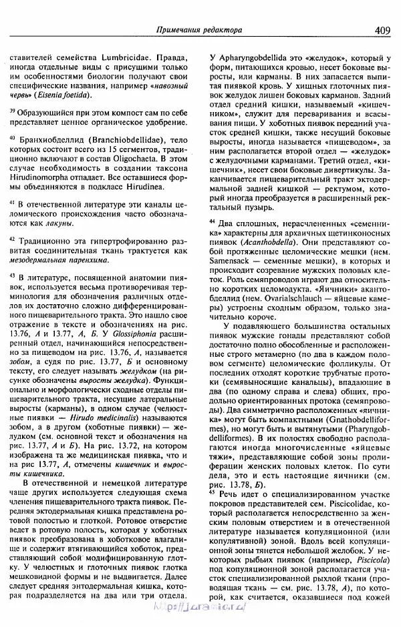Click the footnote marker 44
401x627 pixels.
coord(212,221)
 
